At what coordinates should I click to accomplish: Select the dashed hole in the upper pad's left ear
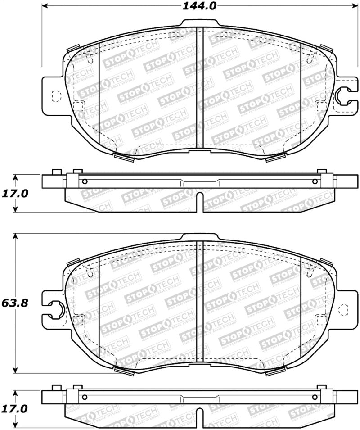(x=56, y=95)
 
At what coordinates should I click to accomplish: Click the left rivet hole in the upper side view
(x=85, y=181)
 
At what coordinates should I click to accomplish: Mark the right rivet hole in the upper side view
(x=314, y=181)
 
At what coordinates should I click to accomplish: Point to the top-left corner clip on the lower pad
(x=73, y=262)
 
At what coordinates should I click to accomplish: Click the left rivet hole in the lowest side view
(x=85, y=397)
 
